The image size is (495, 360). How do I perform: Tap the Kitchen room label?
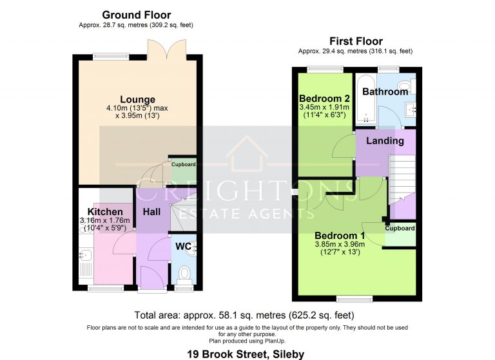pyautogui.click(x=105, y=212)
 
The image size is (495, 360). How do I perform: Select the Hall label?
pyautogui.click(x=151, y=212)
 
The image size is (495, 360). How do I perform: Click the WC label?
pyautogui.click(x=183, y=246)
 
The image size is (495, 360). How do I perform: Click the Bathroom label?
pyautogui.click(x=385, y=91)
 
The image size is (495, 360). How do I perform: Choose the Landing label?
pyautogui.click(x=385, y=140)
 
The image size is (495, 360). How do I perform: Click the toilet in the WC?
pyautogui.click(x=184, y=274)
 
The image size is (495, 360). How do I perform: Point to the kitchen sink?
pyautogui.click(x=85, y=263)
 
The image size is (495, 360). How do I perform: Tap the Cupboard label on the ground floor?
pyautogui.click(x=183, y=164)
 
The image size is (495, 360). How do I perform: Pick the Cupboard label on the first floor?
pyautogui.click(x=400, y=228)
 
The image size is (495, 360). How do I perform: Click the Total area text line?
pyautogui.click(x=244, y=316)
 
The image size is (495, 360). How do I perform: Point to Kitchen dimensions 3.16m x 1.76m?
pyautogui.click(x=105, y=221)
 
